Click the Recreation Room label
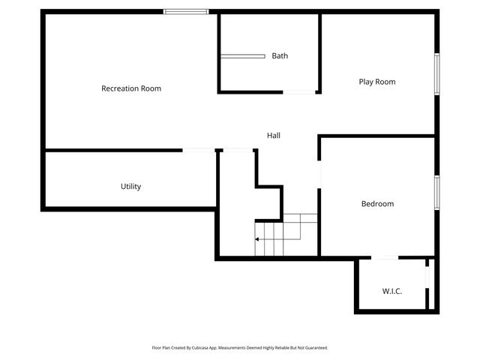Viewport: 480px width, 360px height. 131,88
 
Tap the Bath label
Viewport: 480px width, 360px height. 280,55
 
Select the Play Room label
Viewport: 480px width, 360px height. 376,82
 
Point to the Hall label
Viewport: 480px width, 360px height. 274,136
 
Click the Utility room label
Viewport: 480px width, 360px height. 131,186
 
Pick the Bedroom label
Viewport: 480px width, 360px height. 377,203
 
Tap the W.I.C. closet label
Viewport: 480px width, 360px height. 392,291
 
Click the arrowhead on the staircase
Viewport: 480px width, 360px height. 257,239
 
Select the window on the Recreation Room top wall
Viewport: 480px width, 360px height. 187,11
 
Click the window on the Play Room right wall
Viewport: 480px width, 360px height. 436,74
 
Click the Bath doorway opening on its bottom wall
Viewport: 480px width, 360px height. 299,92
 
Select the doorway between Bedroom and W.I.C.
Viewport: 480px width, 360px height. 385,259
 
